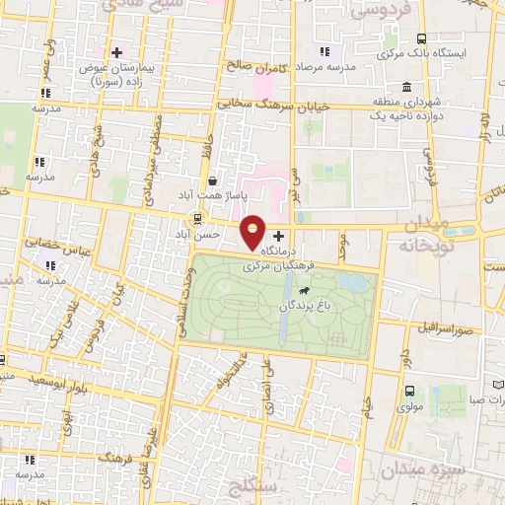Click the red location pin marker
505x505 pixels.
[x=253, y=232]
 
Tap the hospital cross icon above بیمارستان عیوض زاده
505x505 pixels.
[x=117, y=51]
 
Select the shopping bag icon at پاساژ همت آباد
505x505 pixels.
[x=213, y=181]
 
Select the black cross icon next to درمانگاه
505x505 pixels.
[x=278, y=237]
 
